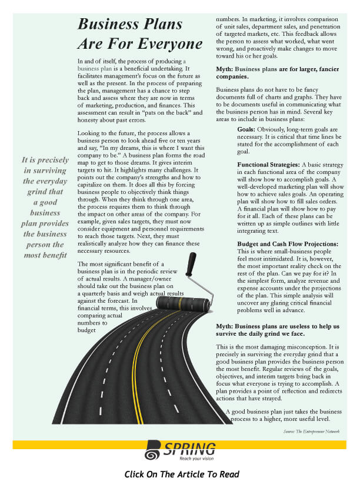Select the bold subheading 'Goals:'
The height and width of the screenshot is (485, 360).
pyautogui.click(x=246, y=129)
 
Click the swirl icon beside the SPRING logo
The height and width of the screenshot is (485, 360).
pyautogui.click(x=153, y=450)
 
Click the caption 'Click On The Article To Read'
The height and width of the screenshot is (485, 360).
pyautogui.click(x=182, y=474)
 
